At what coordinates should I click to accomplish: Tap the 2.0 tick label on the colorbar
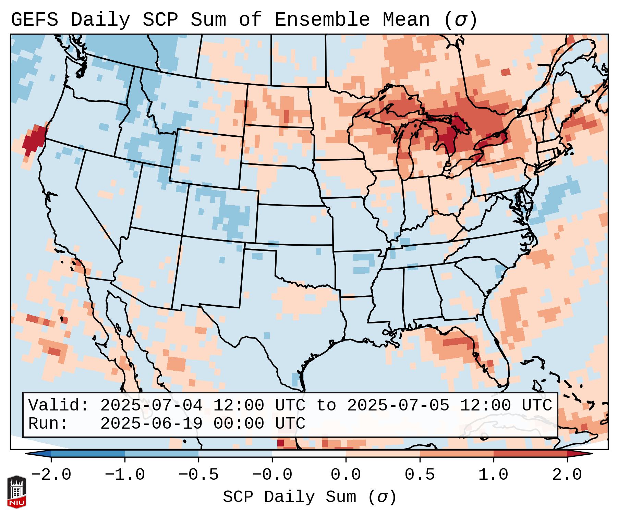point(567,475)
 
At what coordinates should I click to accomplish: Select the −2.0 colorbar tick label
point(51,475)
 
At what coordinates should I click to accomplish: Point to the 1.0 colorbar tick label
point(493,475)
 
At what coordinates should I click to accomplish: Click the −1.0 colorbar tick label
point(124,475)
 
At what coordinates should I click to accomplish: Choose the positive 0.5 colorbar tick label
point(420,475)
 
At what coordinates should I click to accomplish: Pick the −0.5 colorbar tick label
point(198,475)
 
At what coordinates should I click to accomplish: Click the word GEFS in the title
point(34,20)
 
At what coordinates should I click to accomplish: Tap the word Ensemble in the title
point(322,20)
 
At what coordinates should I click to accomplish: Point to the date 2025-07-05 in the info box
point(398,406)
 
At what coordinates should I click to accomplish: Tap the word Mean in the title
point(406,20)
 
